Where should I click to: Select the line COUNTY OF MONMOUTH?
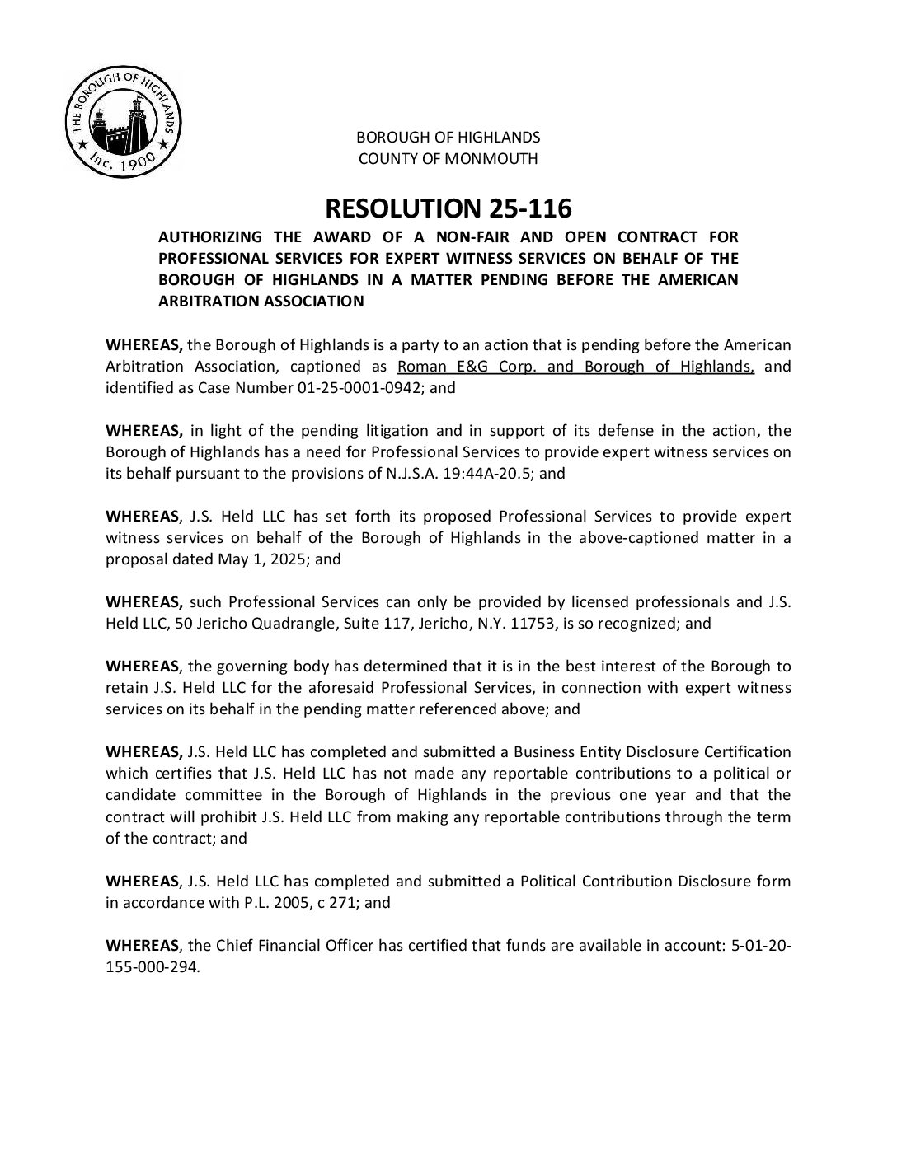coord(448,159)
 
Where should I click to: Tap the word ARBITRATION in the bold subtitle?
coord(208,302)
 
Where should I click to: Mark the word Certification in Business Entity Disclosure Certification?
coord(749,751)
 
